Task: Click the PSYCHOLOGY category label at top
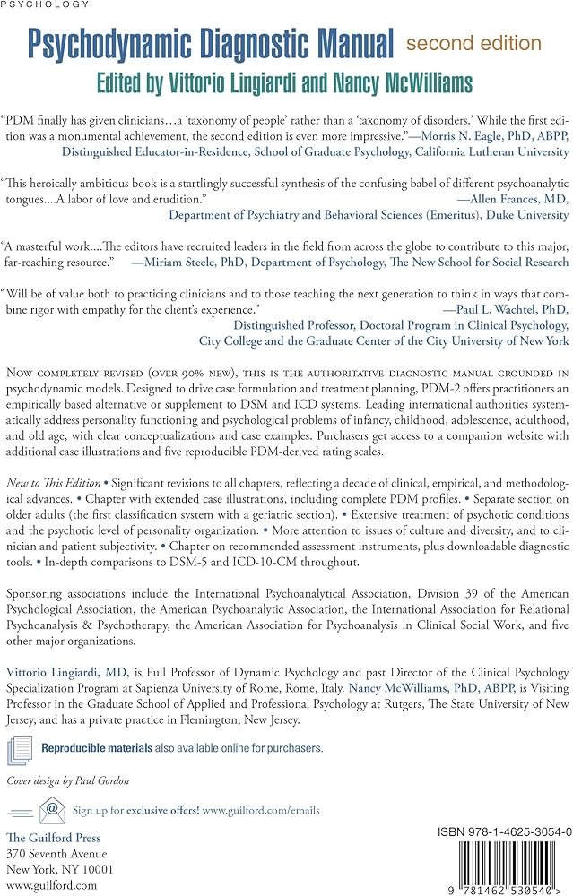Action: pos(47,4)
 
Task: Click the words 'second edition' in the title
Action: pos(473,43)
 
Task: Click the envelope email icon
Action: pos(53,810)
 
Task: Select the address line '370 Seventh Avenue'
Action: pos(56,853)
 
